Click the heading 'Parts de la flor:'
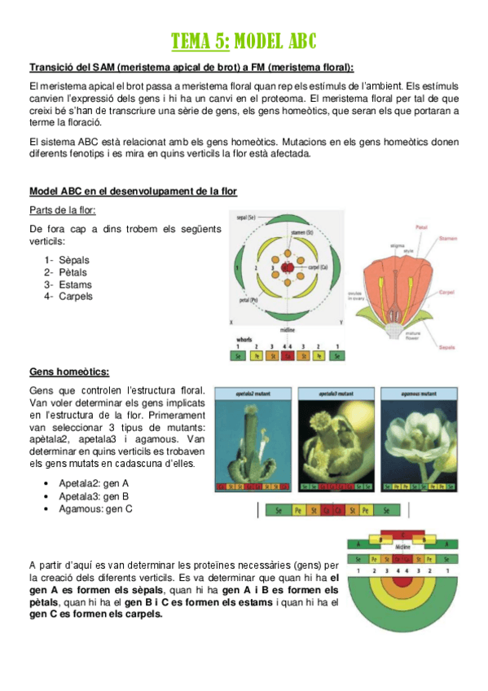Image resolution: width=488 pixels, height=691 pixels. [x=61, y=210]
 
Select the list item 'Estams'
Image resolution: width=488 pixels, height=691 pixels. [x=74, y=284]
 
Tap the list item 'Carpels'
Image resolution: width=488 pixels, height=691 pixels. [x=75, y=297]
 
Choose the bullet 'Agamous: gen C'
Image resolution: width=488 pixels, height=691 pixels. [x=95, y=508]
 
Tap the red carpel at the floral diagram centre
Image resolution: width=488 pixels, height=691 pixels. [x=287, y=266]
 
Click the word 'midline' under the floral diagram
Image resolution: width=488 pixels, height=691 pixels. [x=287, y=330]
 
